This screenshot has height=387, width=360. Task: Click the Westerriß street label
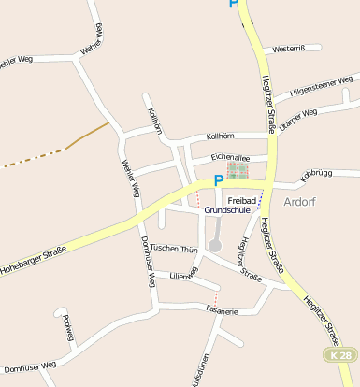pos(295,49)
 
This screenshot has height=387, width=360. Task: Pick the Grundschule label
pos(229,212)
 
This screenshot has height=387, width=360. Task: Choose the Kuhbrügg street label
pos(316,174)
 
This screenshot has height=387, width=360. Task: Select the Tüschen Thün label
pos(174,249)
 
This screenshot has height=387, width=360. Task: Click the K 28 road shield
pos(342,356)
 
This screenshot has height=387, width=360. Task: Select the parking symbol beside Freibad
pos(219,180)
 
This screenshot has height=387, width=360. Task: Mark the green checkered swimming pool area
pos(238,171)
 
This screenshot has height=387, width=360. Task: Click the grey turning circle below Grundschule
pos(215,245)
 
